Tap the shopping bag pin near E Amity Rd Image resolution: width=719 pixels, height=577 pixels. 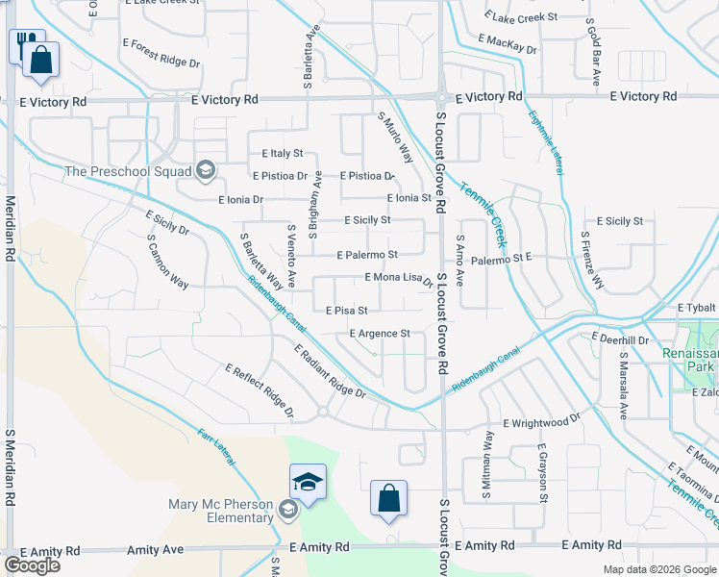[x=388, y=499]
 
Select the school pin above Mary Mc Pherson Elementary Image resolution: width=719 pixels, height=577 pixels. [x=308, y=482]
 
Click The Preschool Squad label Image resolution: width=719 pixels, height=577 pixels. [x=127, y=172]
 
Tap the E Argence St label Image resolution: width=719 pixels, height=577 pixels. [x=380, y=334]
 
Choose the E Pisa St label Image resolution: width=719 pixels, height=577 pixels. [x=348, y=311]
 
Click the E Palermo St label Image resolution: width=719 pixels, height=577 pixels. [x=367, y=255]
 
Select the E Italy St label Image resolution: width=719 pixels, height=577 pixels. [x=282, y=153]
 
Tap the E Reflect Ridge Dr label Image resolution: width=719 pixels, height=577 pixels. [x=260, y=390]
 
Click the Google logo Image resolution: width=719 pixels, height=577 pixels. [x=32, y=565]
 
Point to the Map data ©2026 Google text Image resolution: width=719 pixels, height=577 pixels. [x=658, y=569]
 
